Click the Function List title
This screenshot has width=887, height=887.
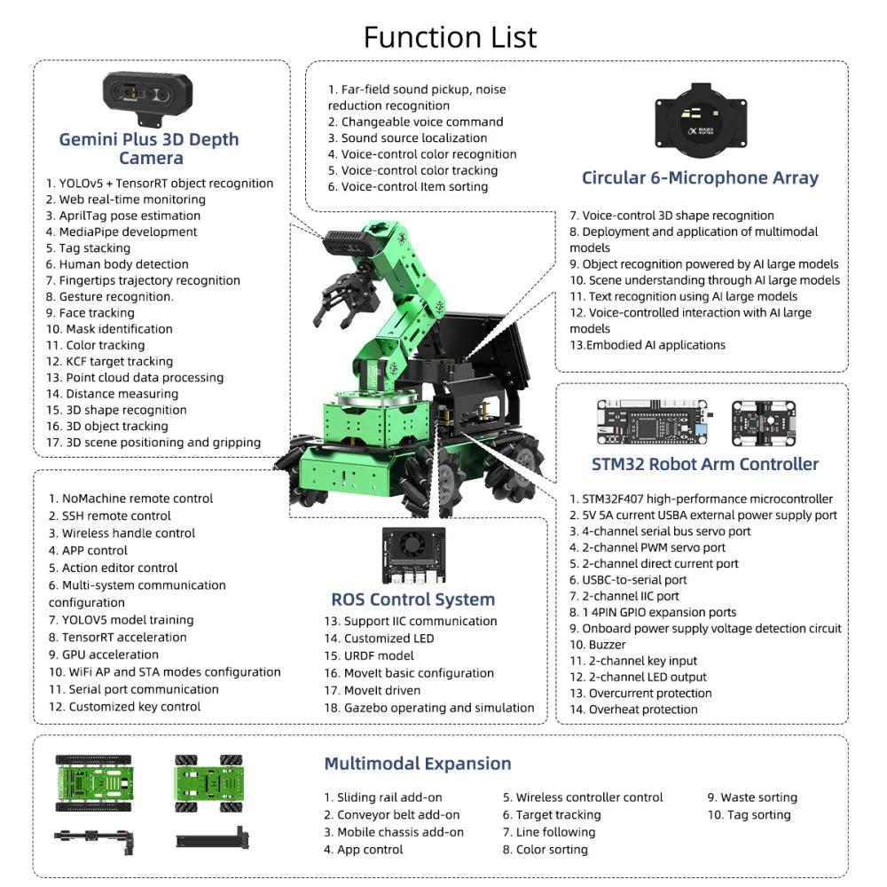450,36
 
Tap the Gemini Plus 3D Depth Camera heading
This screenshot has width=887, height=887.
149,148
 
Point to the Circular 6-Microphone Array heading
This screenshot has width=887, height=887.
699,177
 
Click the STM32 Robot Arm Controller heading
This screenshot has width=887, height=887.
704,463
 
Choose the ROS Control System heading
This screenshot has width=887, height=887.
412,600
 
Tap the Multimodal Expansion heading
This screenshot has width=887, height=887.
417,764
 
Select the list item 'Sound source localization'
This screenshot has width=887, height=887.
407,137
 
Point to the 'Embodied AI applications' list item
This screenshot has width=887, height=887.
648,345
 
